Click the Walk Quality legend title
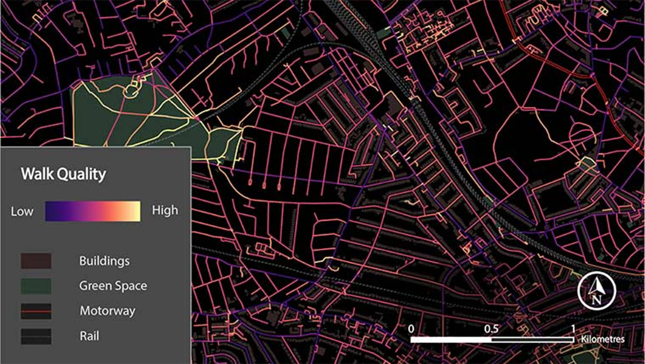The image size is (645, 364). (63, 174)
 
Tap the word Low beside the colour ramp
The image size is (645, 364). (22, 211)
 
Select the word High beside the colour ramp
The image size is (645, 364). (165, 211)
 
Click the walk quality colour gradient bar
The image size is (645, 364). (93, 211)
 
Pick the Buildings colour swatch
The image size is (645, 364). (36, 261)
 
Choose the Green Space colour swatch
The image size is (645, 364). (36, 286)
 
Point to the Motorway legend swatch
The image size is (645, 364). (36, 311)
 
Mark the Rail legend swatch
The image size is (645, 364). (36, 337)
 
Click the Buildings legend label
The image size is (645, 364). (104, 261)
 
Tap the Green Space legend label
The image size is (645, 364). (113, 286)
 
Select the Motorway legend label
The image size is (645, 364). (107, 311)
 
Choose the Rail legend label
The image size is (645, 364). (89, 337)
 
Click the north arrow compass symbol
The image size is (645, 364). (595, 292)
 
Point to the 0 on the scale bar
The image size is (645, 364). (411, 328)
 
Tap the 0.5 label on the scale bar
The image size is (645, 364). (491, 328)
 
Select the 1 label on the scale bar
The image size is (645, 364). (573, 328)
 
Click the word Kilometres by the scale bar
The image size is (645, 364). (603, 340)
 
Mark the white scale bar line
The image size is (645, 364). (492, 340)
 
